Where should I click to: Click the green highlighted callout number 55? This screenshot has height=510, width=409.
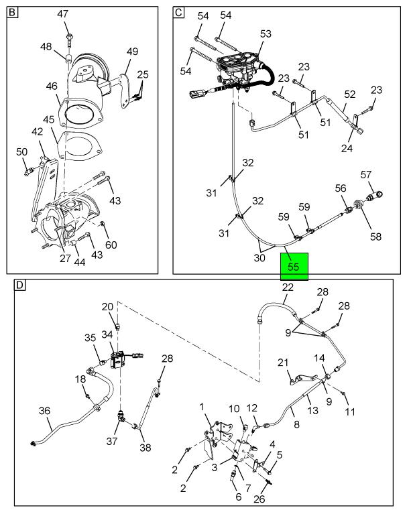pyautogui.click(x=293, y=266)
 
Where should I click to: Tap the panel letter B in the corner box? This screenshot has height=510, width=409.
pyautogui.click(x=13, y=12)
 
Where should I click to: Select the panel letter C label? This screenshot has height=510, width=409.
pyautogui.click(x=179, y=12)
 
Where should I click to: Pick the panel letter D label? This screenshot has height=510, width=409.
pyautogui.click(x=20, y=285)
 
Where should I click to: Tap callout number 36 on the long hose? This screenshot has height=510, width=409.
pyautogui.click(x=44, y=411)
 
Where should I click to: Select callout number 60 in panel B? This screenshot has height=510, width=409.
pyautogui.click(x=111, y=245)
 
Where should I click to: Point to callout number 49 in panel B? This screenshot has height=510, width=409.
pyautogui.click(x=131, y=51)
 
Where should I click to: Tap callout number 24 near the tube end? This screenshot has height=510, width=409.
pyautogui.click(x=346, y=149)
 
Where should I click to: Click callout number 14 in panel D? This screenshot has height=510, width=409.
pyautogui.click(x=320, y=359)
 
